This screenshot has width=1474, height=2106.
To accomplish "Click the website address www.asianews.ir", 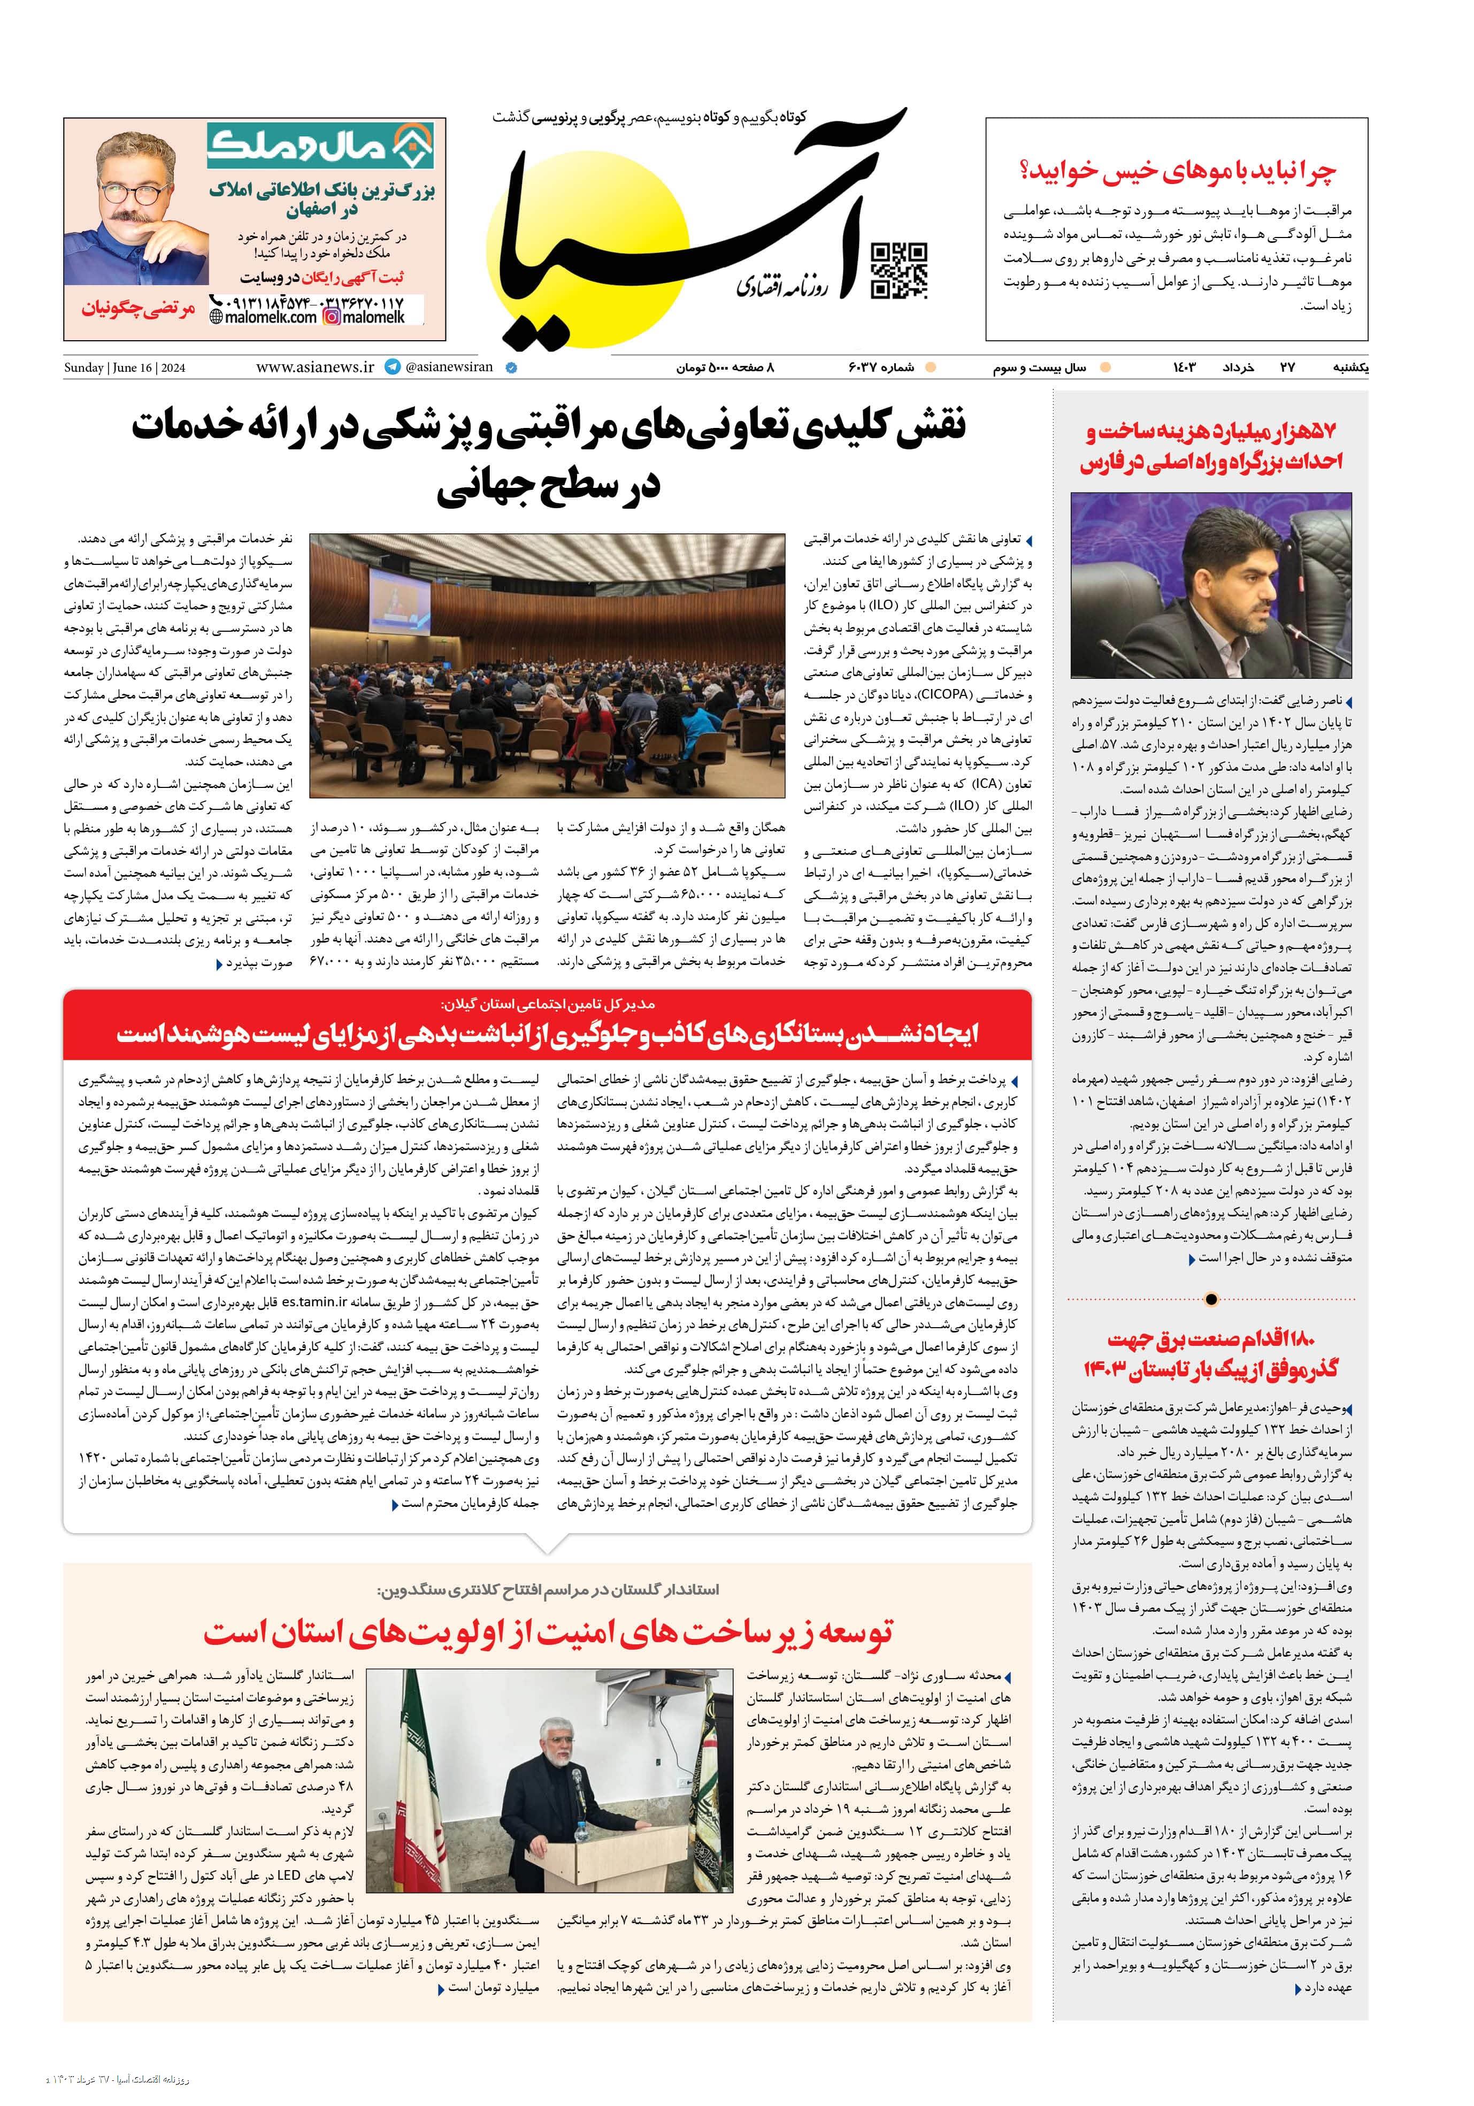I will point(314,367).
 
